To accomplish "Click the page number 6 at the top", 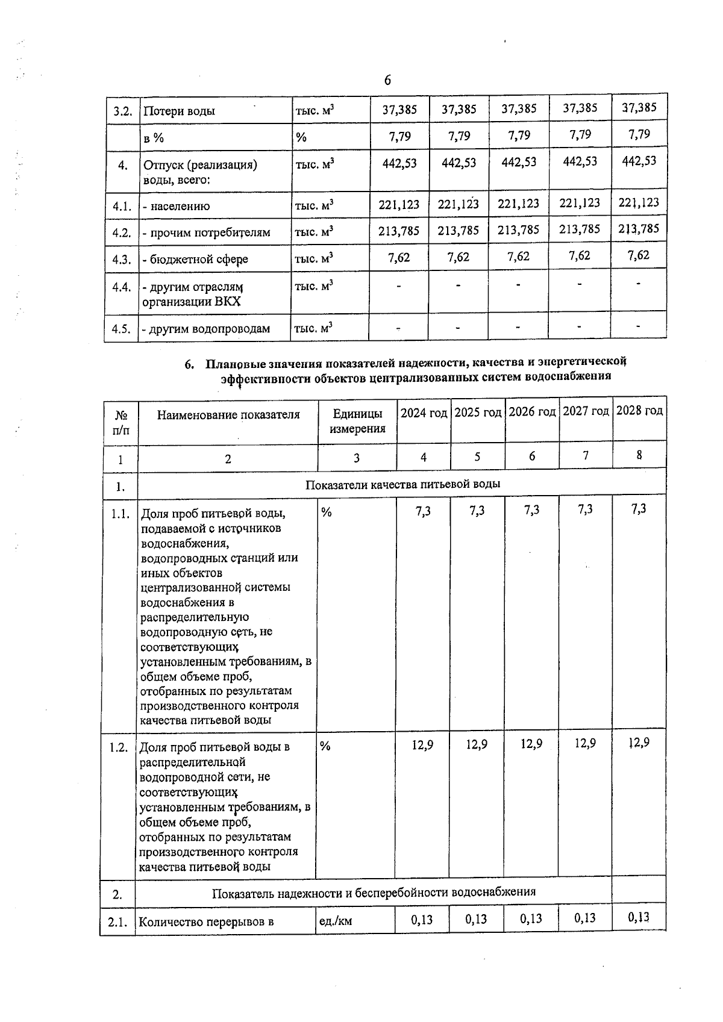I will tap(387, 80).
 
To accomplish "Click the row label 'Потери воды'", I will tap(179, 111).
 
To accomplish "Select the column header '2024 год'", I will tap(424, 413).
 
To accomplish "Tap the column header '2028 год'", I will tap(639, 411).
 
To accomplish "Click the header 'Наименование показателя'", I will tap(228, 414).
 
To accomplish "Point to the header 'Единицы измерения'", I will tap(357, 421).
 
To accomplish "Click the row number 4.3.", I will tap(122, 260).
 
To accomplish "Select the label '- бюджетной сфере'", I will tap(195, 260).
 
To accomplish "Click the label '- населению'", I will tap(177, 206).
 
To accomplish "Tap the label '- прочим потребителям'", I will tap(207, 232).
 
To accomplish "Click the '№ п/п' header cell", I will tap(121, 422).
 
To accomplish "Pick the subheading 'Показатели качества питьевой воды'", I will tap(402, 484).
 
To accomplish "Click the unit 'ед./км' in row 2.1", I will tap(336, 921).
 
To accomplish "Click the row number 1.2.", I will tap(119, 747).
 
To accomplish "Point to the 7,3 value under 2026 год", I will tap(531, 510).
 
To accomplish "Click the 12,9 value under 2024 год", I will tap(422, 745).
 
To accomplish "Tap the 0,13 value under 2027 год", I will tap(584, 918).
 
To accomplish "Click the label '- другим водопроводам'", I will tap(206, 329).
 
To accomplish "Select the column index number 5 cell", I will tap(477, 456).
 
